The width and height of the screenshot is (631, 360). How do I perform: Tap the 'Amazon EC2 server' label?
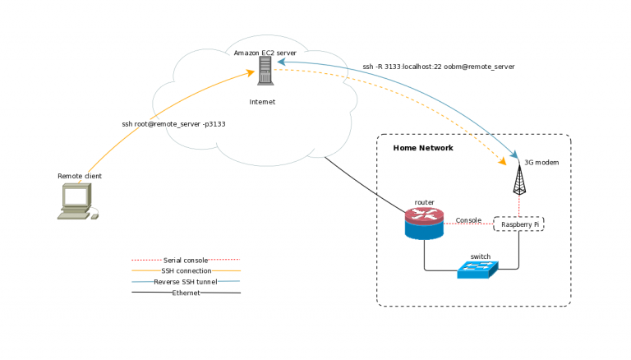[265, 53]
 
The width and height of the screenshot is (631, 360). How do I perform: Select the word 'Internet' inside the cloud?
[262, 102]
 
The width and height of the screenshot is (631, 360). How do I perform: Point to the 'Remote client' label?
[79, 176]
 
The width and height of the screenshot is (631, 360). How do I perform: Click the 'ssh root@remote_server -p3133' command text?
[173, 124]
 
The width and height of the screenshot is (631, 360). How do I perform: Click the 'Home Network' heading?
[423, 148]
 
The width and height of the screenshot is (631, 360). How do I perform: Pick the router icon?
[424, 223]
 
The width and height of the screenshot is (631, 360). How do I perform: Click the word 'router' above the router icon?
[424, 202]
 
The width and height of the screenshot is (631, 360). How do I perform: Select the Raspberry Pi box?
[518, 224]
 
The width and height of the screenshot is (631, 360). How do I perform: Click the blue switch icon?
[477, 269]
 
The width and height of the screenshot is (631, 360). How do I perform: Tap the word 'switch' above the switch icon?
[481, 256]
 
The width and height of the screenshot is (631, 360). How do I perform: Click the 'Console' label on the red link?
[468, 220]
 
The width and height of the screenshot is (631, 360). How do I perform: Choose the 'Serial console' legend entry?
[186, 260]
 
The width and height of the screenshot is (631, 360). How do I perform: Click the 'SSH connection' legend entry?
[186, 270]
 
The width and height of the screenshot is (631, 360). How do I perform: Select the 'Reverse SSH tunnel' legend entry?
[186, 282]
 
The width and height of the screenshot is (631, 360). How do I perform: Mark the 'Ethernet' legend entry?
[186, 293]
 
